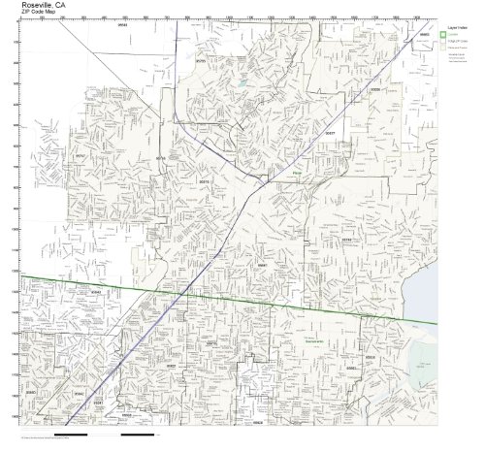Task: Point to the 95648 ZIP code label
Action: pyautogui.click(x=123, y=27)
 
